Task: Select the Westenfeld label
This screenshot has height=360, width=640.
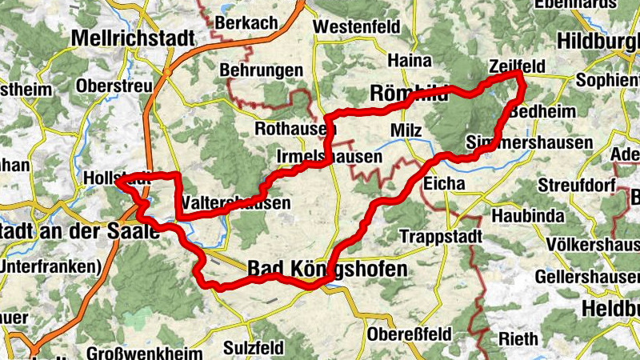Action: (358, 27)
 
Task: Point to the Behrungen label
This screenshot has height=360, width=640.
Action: (261, 70)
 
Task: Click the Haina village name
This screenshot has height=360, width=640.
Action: (409, 60)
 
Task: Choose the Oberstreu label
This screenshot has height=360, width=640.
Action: (115, 86)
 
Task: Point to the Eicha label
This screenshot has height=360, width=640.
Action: (445, 184)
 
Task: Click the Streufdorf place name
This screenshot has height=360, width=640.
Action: (574, 186)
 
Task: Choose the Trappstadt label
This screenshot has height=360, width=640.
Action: (441, 237)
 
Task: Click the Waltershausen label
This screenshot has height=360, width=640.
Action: (237, 203)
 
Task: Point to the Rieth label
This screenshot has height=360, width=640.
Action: (518, 339)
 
